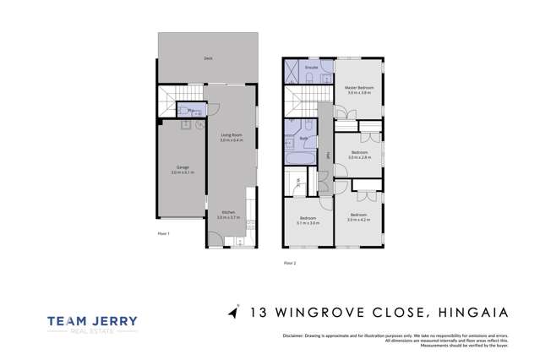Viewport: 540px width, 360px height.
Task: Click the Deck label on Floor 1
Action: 207,59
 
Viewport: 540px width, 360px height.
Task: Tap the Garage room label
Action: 182,169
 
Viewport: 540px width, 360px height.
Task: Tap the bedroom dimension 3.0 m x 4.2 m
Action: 359,219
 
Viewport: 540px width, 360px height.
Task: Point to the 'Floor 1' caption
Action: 164,233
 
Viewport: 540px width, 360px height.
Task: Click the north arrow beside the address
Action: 233,313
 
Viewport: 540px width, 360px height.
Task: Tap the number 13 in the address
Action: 259,314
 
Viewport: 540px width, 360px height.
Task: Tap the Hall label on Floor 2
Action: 327,154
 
